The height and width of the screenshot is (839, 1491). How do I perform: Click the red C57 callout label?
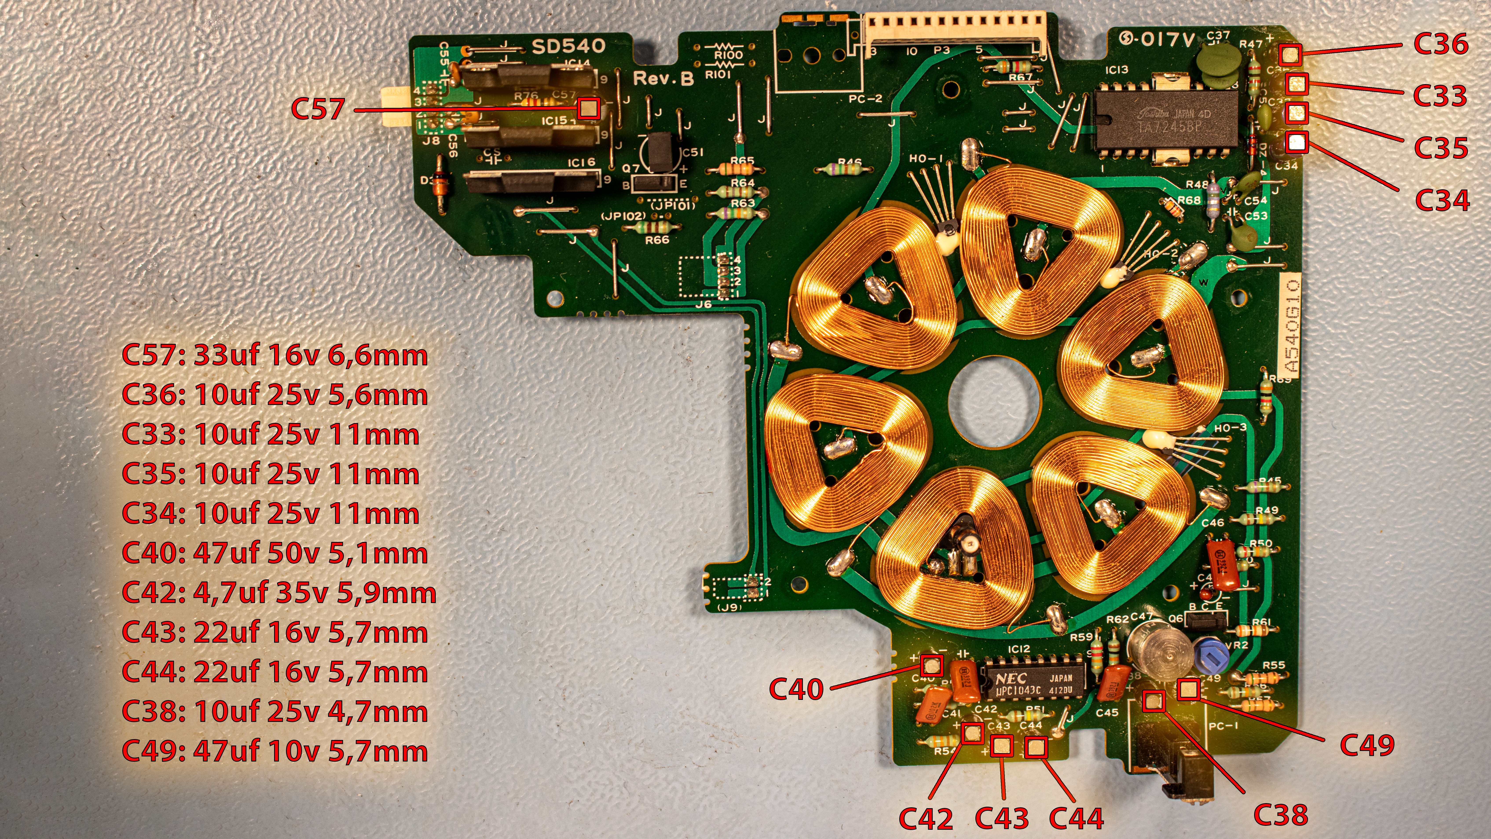[x=318, y=109]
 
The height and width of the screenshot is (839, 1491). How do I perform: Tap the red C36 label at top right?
[x=1441, y=44]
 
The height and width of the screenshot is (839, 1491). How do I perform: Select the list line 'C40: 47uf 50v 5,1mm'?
[x=274, y=554]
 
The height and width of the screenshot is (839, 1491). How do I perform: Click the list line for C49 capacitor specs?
[x=274, y=752]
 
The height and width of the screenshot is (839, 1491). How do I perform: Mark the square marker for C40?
[x=931, y=666]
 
